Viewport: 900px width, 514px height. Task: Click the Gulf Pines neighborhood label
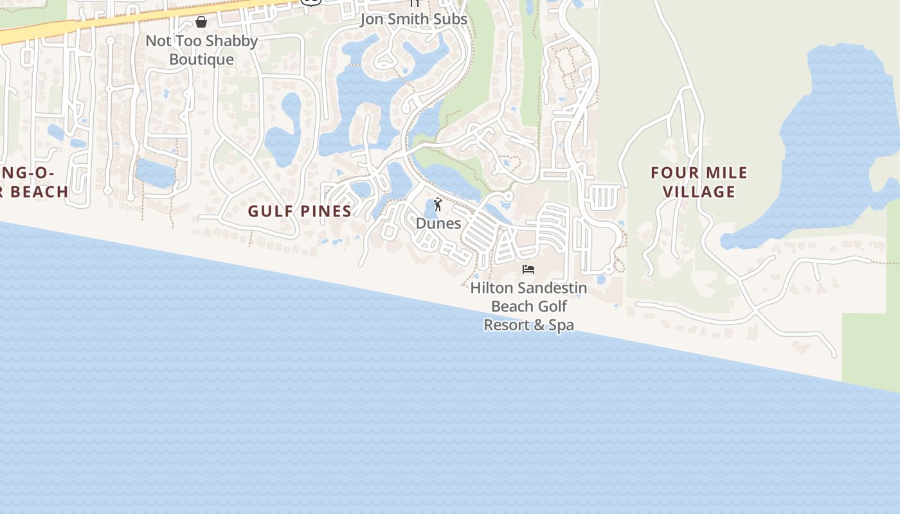(300, 211)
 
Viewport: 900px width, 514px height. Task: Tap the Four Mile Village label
(699, 182)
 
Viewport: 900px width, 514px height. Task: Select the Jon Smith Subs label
(413, 19)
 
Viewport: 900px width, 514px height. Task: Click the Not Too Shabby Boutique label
(201, 50)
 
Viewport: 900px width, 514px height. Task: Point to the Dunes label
(438, 223)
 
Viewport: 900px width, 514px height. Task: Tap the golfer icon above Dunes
(438, 205)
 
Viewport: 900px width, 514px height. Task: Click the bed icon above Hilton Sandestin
(528, 269)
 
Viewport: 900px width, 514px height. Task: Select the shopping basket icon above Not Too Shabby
(201, 22)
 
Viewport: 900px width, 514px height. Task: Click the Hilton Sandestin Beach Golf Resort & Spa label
(528, 306)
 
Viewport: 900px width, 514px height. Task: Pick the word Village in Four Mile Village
(699, 191)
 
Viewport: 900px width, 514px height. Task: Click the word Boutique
(201, 60)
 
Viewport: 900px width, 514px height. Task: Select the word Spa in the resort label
(561, 325)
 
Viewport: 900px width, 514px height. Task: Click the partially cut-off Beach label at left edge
(39, 191)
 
